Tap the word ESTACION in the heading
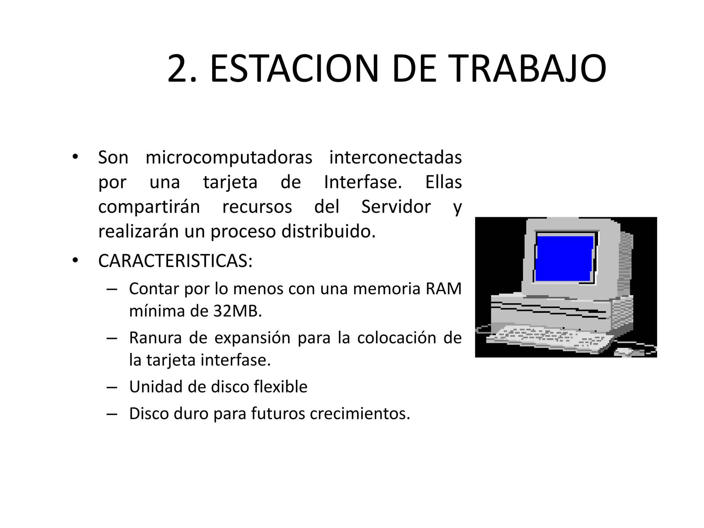[x=294, y=69]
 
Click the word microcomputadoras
[x=229, y=158]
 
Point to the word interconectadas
[x=395, y=158]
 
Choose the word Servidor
[x=396, y=207]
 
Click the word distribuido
[x=328, y=231]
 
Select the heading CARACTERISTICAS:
[x=175, y=261]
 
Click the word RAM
[x=443, y=289]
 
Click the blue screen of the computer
[x=564, y=258]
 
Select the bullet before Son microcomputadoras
[x=75, y=157]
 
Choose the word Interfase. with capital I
[x=363, y=182]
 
